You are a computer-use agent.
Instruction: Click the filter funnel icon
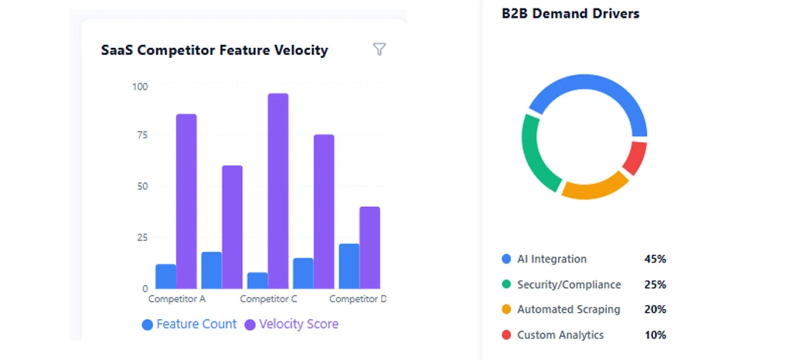click(x=379, y=49)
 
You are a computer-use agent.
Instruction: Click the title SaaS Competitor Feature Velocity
click(x=214, y=50)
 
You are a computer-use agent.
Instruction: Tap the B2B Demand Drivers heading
click(x=570, y=13)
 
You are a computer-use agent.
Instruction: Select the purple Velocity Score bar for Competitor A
click(x=186, y=201)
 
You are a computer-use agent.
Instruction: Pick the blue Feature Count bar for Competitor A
click(x=165, y=276)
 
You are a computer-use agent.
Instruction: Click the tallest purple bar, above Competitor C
click(x=278, y=191)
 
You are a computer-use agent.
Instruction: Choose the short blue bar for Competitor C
click(x=257, y=280)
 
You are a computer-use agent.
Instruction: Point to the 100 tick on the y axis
click(x=139, y=86)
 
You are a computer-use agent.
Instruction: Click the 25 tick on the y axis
click(x=141, y=237)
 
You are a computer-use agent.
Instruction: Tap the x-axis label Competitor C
click(x=268, y=299)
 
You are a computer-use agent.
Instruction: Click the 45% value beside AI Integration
click(x=655, y=260)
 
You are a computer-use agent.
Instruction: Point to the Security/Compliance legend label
click(x=568, y=284)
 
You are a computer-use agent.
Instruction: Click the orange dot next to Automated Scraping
click(x=506, y=309)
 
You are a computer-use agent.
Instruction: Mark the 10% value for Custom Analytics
click(x=655, y=335)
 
